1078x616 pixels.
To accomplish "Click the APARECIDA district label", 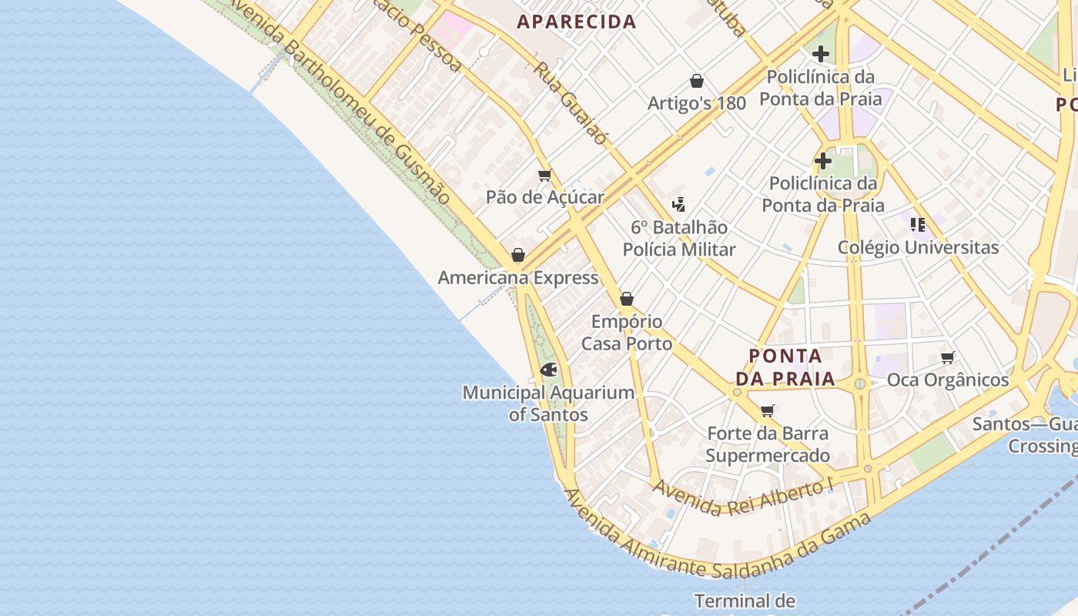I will click(x=577, y=22).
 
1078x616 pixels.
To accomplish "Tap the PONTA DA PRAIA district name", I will click(x=785, y=367).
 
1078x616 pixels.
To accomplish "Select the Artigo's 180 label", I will click(x=696, y=103).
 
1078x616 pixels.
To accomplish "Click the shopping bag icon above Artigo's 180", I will click(x=697, y=81).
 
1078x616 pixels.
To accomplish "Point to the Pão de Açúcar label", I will click(x=544, y=197).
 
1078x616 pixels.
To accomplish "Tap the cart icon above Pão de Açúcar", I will click(x=545, y=176).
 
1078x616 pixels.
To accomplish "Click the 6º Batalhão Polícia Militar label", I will click(x=678, y=238).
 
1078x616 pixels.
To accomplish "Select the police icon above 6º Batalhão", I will click(x=678, y=205).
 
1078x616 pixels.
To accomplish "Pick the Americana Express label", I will click(x=517, y=277).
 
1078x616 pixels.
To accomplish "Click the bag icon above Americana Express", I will click(x=518, y=255).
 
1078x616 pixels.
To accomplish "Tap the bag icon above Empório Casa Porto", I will click(x=627, y=299).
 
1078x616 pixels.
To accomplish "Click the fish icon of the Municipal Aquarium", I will click(x=548, y=370).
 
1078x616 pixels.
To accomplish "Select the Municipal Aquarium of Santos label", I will click(x=548, y=403).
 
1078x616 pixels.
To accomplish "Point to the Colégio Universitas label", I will click(x=918, y=247).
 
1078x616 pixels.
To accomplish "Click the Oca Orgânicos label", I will click(x=947, y=380).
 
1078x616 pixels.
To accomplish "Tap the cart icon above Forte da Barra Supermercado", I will click(x=767, y=411).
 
